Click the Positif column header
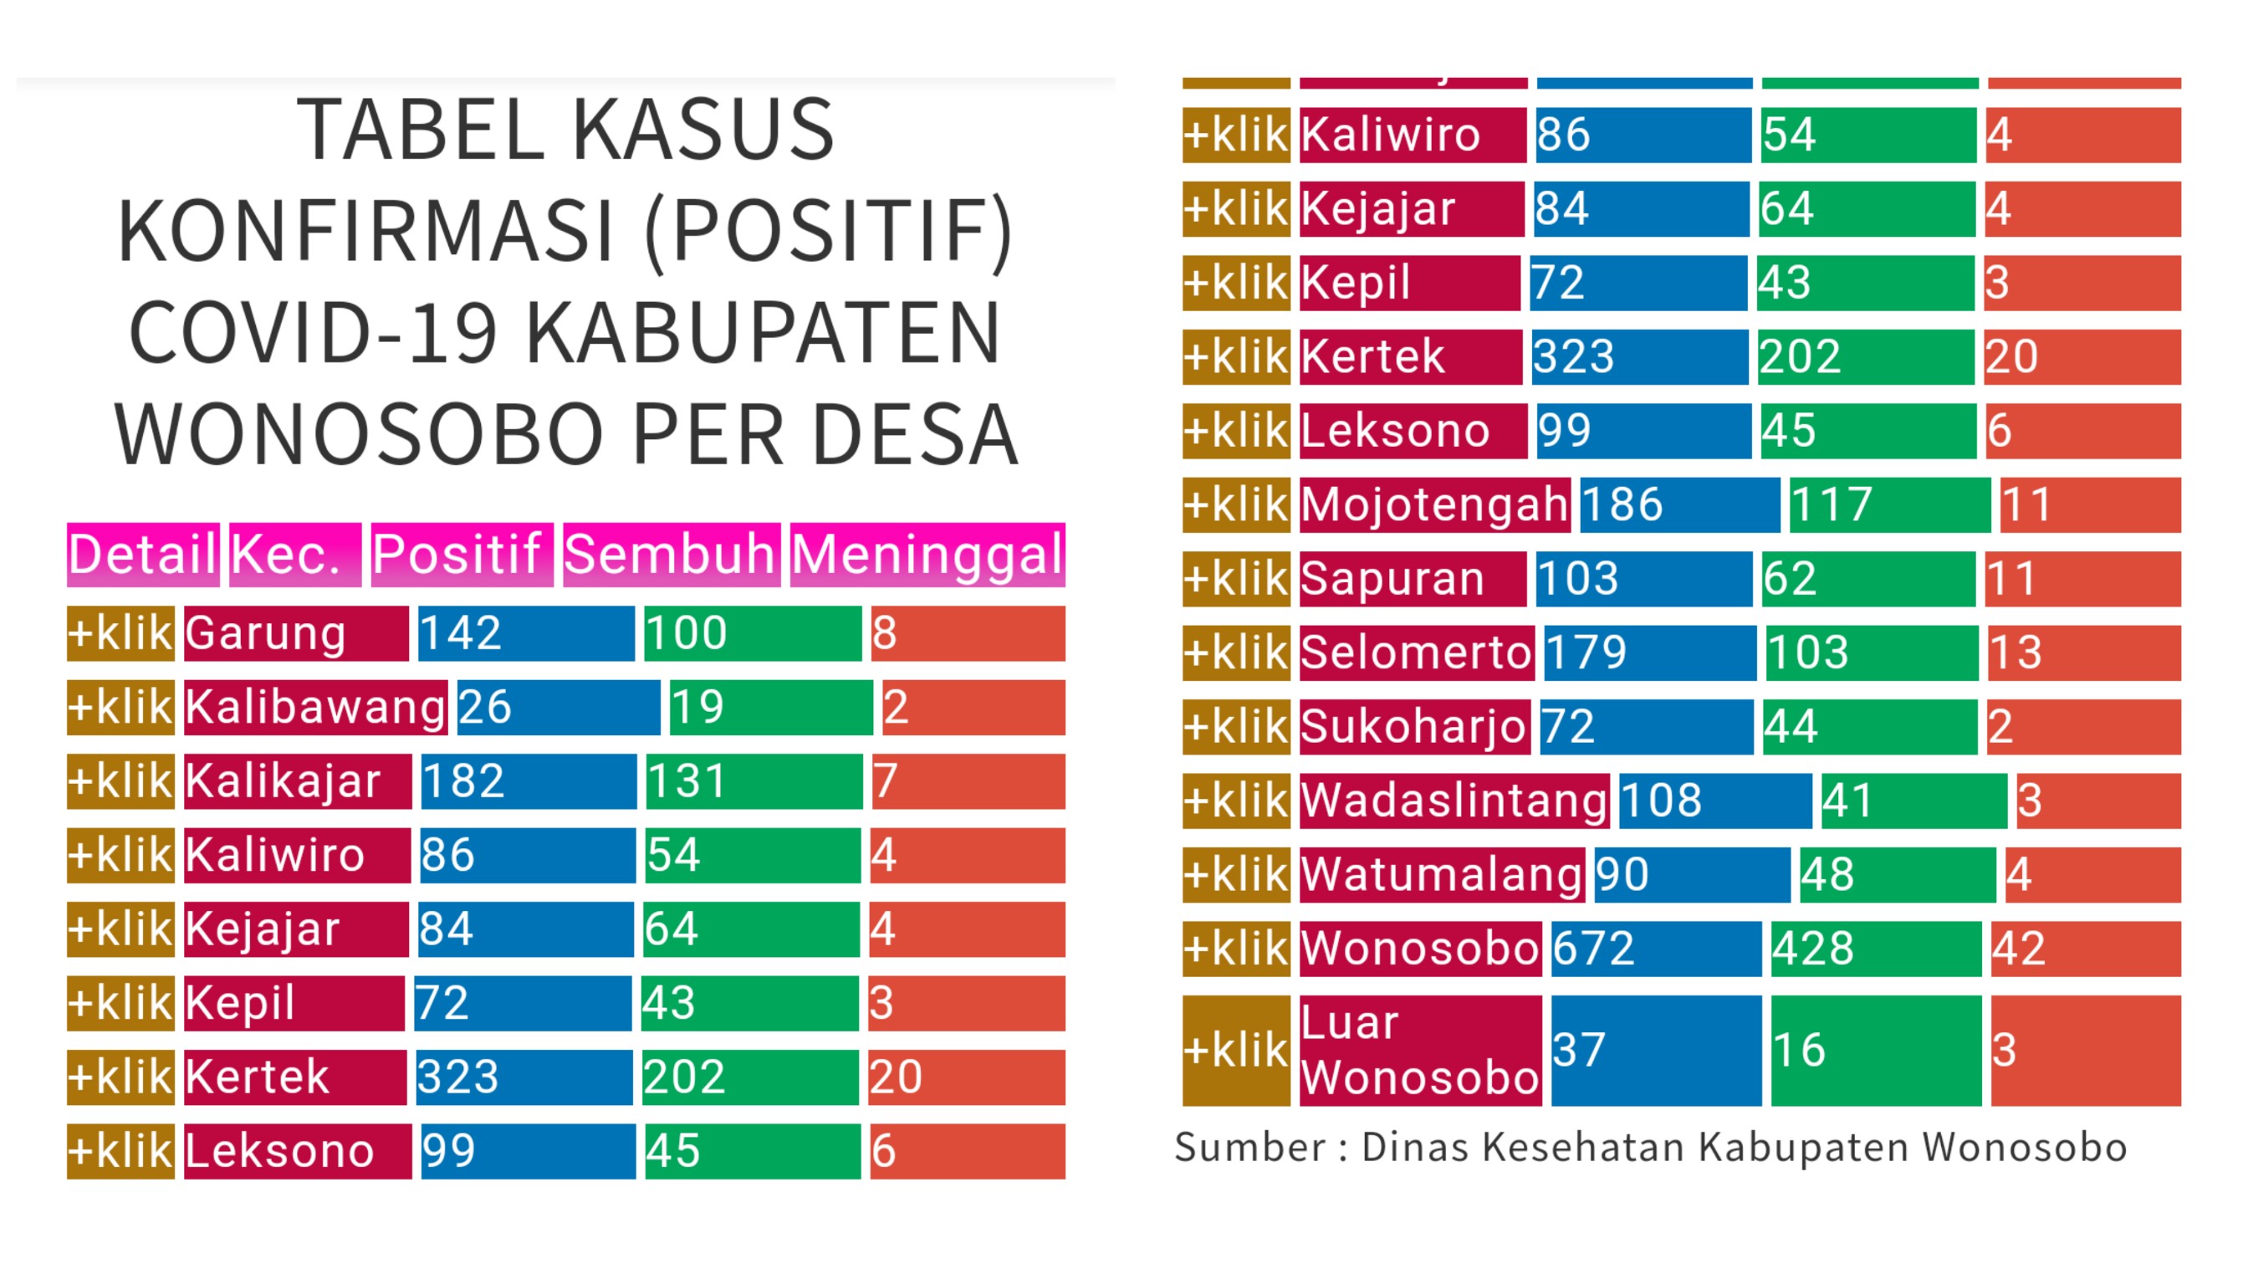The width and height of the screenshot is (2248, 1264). click(462, 555)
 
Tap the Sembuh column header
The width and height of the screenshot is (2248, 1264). click(671, 555)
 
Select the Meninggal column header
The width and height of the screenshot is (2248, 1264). click(927, 555)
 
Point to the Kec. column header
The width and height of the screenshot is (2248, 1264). click(295, 555)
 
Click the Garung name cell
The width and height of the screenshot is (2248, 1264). click(296, 633)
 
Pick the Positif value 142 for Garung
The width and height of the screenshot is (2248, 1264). click(526, 633)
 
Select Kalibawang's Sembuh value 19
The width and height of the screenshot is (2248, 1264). click(770, 707)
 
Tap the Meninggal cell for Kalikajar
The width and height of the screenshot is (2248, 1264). click(968, 781)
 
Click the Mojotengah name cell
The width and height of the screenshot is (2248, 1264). click(1434, 504)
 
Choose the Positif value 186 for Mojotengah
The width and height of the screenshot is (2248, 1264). click(1679, 504)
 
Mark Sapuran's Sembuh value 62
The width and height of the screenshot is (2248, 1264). click(1868, 579)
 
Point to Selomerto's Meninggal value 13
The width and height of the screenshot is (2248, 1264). click(2084, 652)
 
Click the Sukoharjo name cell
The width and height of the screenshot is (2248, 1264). click(1414, 726)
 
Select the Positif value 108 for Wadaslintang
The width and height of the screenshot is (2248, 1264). click(1714, 801)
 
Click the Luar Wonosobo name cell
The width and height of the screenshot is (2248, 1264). click(1420, 1050)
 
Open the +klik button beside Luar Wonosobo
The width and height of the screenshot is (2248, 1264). click(1236, 1050)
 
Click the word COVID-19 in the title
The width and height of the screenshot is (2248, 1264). click(314, 333)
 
